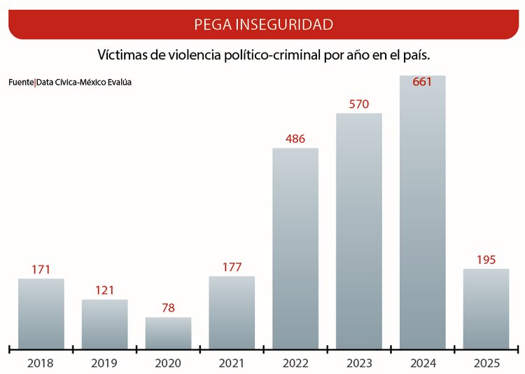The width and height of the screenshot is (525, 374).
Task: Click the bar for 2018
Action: [41, 313]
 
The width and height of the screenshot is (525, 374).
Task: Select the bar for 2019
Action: [104, 324]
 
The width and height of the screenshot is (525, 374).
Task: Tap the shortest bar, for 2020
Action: [168, 333]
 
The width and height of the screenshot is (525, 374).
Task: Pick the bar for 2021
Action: [232, 312]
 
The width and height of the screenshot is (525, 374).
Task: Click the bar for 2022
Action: [295, 248]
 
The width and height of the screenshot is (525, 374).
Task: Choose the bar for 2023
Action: [359, 230]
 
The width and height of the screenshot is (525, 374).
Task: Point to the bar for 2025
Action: [486, 308]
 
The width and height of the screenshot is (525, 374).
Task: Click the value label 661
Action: [422, 82]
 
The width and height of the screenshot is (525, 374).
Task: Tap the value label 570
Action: [359, 104]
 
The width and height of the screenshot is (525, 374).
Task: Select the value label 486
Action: [295, 139]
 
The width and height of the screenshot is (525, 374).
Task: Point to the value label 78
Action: [168, 308]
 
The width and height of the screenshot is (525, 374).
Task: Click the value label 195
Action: [486, 260]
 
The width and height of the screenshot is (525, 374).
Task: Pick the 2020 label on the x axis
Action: [168, 363]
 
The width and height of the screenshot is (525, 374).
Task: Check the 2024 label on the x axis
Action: [422, 363]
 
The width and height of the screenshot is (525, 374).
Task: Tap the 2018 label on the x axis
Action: [41, 363]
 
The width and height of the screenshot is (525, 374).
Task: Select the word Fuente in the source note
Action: [20, 83]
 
